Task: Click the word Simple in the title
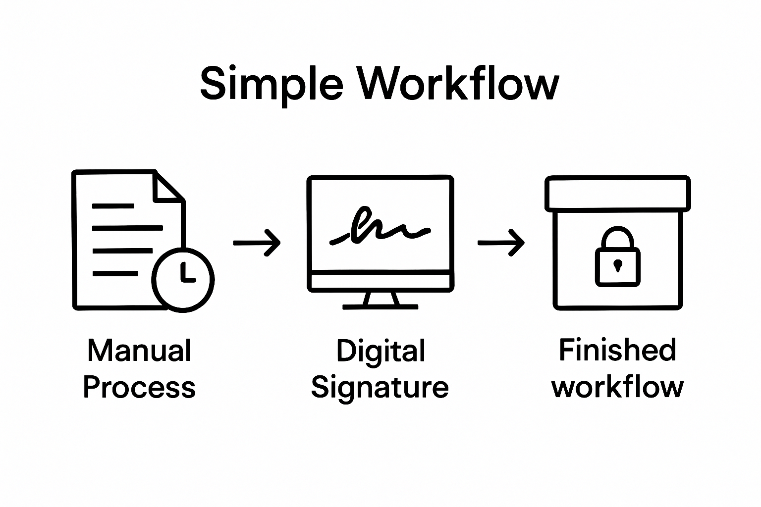coord(271,84)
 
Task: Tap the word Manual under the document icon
coord(139,351)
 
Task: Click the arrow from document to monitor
coord(257,243)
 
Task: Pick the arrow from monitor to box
coord(500,243)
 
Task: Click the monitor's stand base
coord(380,306)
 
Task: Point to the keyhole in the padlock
coord(617,265)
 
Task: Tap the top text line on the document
coord(113,205)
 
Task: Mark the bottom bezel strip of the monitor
coord(380,281)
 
